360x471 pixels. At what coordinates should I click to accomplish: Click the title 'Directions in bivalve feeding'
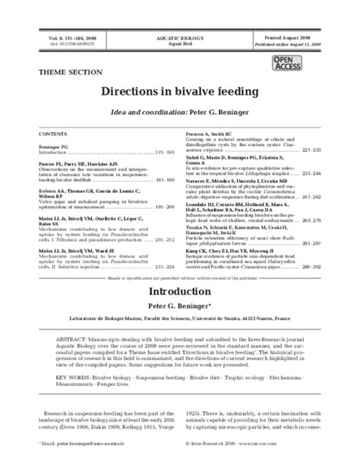(180, 90)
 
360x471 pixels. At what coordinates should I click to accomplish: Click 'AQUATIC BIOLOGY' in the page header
(179, 36)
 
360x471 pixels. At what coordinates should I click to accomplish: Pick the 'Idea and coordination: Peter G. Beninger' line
(180, 110)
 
